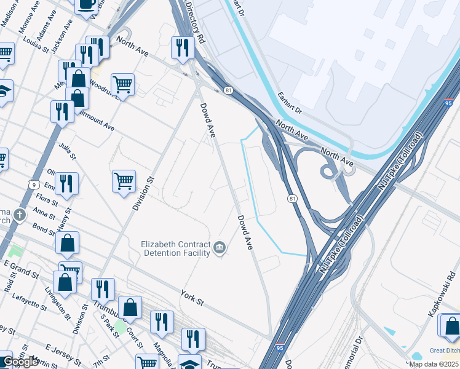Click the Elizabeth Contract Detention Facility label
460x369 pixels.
point(176,248)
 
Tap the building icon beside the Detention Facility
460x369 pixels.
point(220,248)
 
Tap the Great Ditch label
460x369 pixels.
point(444,351)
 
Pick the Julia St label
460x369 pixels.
point(67,151)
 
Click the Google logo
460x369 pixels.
point(20,362)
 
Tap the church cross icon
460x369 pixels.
point(20,215)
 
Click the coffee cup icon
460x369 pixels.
point(87,4)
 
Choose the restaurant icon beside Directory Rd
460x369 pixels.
point(182,47)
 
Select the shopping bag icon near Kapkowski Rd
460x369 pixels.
point(451,325)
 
